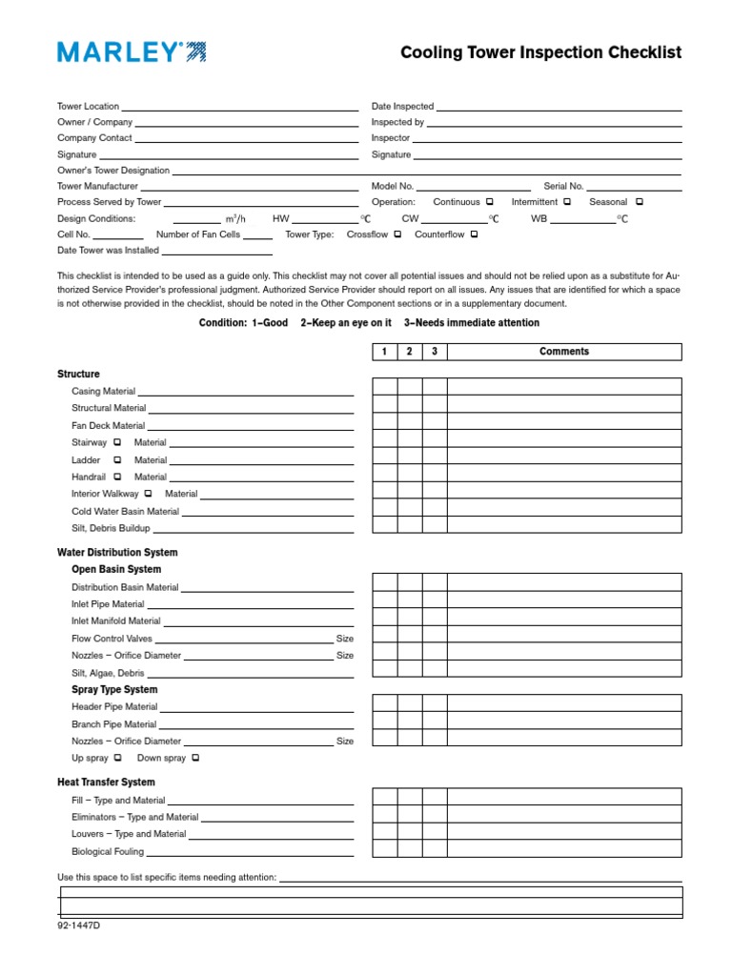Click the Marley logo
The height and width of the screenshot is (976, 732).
(132, 52)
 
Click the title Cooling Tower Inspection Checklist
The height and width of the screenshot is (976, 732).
(540, 52)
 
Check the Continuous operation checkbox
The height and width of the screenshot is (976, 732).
(489, 202)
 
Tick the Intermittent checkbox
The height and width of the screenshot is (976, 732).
(567, 202)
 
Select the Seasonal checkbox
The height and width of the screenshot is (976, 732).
(640, 202)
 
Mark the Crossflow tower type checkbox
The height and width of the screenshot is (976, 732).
(397, 234)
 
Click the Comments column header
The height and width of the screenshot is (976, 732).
(564, 352)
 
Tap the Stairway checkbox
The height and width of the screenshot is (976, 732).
(117, 442)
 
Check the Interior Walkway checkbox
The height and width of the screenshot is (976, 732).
(149, 494)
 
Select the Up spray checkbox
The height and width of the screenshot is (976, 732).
(117, 759)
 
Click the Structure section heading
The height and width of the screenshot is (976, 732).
(78, 375)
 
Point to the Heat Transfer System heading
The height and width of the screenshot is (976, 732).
(106, 783)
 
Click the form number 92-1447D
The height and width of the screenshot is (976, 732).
(78, 925)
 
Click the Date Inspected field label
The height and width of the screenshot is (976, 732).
(402, 107)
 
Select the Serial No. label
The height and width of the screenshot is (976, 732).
(563, 187)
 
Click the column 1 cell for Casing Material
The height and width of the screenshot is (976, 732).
(385, 387)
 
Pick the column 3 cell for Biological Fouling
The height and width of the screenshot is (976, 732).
(435, 848)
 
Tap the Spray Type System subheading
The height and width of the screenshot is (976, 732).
(114, 690)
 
